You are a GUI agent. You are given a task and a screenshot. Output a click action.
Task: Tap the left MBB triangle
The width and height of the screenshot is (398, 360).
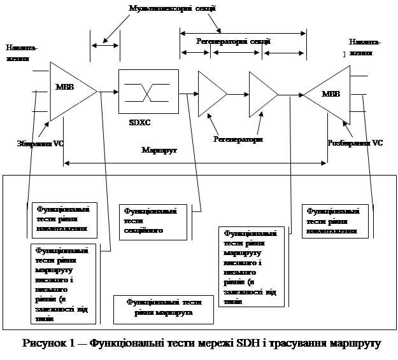(69, 90)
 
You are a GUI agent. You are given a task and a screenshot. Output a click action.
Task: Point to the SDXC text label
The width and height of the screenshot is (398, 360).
(139, 120)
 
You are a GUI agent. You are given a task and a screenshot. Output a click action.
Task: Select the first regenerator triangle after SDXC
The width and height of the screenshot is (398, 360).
(211, 94)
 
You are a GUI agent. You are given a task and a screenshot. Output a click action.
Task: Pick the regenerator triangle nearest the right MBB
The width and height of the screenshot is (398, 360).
(262, 94)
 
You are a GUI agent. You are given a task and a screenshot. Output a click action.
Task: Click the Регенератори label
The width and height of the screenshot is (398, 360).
(238, 140)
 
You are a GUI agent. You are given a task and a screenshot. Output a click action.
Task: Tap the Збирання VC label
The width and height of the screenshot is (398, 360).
(39, 144)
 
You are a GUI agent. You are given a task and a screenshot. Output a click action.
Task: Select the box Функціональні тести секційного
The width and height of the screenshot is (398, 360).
(155, 221)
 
